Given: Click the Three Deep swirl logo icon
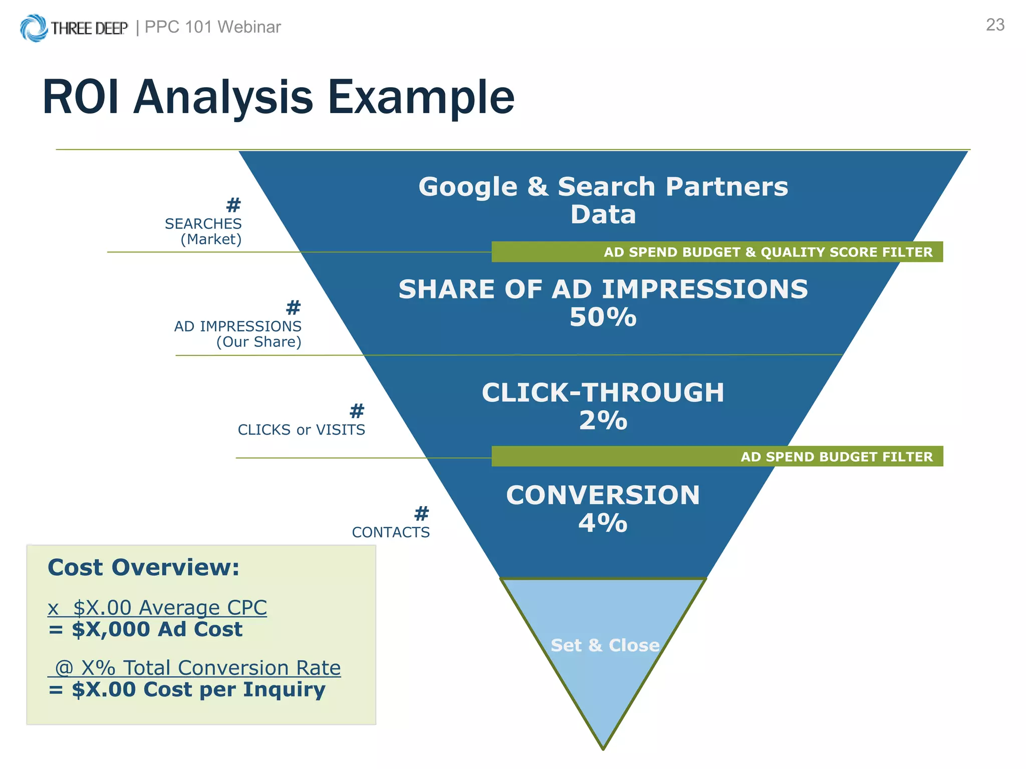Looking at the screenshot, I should [x=34, y=28].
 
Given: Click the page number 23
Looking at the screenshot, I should [x=995, y=25].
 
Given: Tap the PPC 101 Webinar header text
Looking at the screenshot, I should [x=212, y=27].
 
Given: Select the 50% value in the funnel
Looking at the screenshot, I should [x=603, y=317].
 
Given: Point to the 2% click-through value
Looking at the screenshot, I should [x=603, y=420].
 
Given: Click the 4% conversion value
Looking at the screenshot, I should [x=603, y=523].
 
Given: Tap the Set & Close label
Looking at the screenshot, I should [x=605, y=645].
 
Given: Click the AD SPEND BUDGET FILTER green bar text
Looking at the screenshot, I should [x=836, y=457].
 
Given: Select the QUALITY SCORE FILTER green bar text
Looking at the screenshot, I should [x=847, y=252].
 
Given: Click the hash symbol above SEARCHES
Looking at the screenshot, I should [x=233, y=205].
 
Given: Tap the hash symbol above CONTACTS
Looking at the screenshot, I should [x=422, y=513].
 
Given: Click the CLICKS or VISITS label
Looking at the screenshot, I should [x=301, y=430].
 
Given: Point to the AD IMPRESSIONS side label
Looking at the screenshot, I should [x=237, y=326].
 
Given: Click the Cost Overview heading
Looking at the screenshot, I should [x=143, y=567].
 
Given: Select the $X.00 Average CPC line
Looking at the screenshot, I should [x=157, y=607].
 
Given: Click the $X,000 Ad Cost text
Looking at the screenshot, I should [x=156, y=629].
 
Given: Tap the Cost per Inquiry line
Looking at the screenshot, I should [x=198, y=689].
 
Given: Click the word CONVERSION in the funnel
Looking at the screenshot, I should [x=603, y=495].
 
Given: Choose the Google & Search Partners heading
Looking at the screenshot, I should [x=603, y=187].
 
